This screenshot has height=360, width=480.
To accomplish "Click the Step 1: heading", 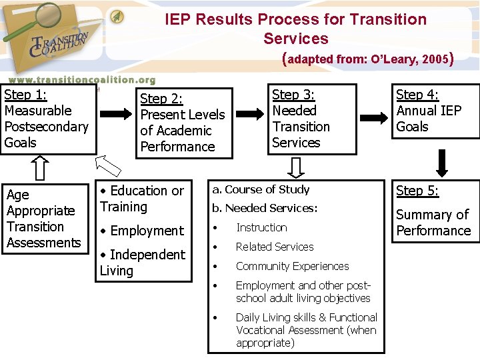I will pyautogui.click(x=26, y=95).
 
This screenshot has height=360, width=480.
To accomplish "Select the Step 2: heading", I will pyautogui.click(x=161, y=99).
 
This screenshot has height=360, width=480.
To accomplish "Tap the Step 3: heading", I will pyautogui.click(x=293, y=95).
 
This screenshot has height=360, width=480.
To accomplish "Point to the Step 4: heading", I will pyautogui.click(x=417, y=95).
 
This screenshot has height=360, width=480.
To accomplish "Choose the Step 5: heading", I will pyautogui.click(x=417, y=191).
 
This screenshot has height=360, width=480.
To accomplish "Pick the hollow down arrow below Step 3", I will pyautogui.click(x=298, y=167).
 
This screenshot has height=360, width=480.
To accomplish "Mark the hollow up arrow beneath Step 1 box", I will pyautogui.click(x=40, y=168).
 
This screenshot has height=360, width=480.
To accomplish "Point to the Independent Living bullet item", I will pyautogui.click(x=143, y=262).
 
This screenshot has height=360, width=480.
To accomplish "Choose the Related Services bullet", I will pyautogui.click(x=275, y=247).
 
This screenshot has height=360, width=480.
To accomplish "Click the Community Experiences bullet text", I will pyautogui.click(x=292, y=266).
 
